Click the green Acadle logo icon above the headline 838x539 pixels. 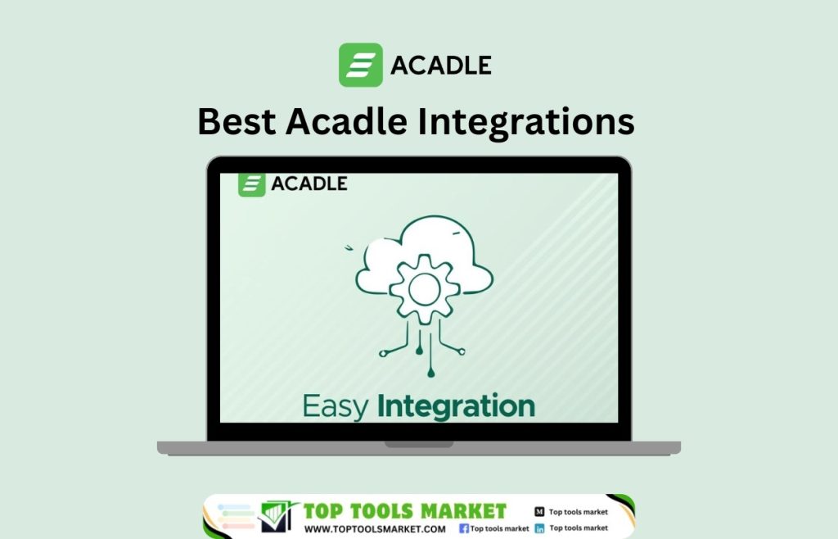360,65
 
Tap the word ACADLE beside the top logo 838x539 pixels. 441,65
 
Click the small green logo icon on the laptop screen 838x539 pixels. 251,184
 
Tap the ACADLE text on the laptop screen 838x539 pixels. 309,183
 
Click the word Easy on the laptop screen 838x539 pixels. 336,405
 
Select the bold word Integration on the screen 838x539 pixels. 456,406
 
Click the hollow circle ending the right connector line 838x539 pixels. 462,352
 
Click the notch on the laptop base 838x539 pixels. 419,445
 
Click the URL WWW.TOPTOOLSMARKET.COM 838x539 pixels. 375,529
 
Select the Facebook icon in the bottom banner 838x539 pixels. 464,529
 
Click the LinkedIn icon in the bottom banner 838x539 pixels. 539,529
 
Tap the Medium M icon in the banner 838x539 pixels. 539,511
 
